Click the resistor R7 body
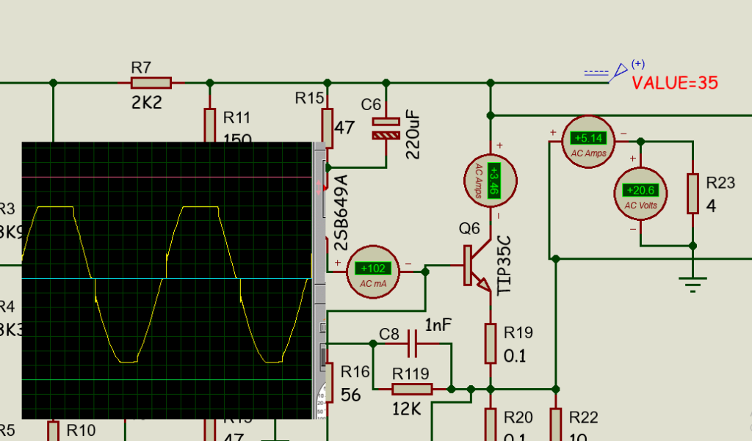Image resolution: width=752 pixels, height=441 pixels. [x=151, y=83]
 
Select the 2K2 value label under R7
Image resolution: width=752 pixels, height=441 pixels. [x=146, y=103]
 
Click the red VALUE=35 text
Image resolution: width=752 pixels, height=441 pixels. [x=675, y=83]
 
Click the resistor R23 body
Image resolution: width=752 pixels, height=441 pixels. [x=693, y=193]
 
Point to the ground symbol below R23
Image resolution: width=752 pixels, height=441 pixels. [x=693, y=283]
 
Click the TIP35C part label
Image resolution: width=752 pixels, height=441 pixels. [x=504, y=266]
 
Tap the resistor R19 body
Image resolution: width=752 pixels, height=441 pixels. [x=491, y=343]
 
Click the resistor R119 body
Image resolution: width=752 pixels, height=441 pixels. [x=412, y=389]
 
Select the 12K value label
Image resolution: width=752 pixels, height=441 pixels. [x=406, y=408]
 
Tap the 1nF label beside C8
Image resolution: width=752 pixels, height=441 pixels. [x=439, y=324]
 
